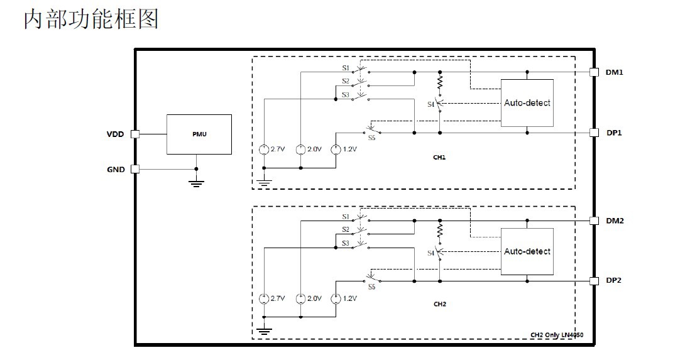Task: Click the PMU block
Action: click(199, 134)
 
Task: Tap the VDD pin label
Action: click(116, 134)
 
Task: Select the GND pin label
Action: click(116, 169)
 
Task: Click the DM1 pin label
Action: click(614, 72)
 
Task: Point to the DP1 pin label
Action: click(614, 133)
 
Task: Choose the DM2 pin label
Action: click(615, 221)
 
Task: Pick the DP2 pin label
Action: click(614, 280)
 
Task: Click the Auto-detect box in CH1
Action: click(527, 103)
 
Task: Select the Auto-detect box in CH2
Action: click(527, 251)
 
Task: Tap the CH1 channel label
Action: click(439, 157)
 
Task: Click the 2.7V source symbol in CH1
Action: click(264, 150)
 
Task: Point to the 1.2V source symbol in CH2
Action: click(336, 299)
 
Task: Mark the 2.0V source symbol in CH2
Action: click(300, 299)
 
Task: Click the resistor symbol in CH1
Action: click(440, 82)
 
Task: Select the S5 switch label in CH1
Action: click(371, 138)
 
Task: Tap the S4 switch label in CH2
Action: click(431, 253)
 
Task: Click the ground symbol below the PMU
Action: click(197, 183)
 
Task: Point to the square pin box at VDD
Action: click(135, 134)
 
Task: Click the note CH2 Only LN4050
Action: click(557, 335)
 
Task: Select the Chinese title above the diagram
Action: click(91, 19)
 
